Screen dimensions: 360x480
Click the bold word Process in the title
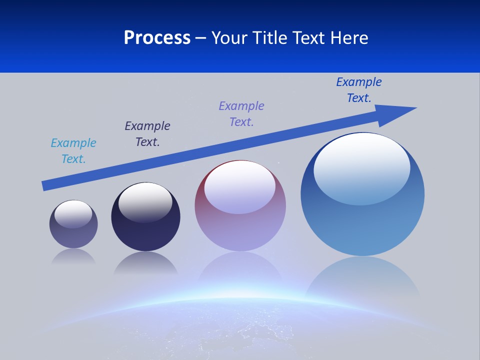[x=157, y=38]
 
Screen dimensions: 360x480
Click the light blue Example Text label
[x=73, y=151]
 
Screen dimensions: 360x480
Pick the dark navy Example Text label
[x=147, y=134]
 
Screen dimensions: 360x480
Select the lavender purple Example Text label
[x=241, y=114]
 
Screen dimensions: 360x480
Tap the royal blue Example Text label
[x=358, y=90]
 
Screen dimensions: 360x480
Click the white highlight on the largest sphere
[x=362, y=167]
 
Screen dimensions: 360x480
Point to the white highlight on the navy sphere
[x=145, y=199]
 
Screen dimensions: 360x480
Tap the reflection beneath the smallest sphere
[x=73, y=256]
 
